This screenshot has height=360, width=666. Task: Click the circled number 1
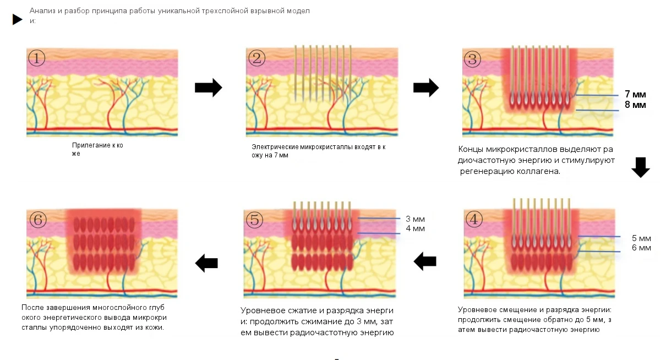coord(36,58)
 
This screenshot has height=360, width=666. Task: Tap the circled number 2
coord(256,58)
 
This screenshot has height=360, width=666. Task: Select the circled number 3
coord(472,59)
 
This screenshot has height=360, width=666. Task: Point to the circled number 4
coord(474,219)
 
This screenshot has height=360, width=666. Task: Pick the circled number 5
coord(254,220)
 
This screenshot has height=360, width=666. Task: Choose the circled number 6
coord(38,220)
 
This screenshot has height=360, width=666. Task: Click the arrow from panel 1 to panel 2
coord(209,88)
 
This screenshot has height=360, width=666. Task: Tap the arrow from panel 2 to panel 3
coord(426,88)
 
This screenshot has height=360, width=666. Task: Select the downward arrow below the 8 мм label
coord(641,167)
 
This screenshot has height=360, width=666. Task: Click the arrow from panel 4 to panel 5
coord(425,261)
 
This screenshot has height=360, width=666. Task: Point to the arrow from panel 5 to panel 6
coord(206,263)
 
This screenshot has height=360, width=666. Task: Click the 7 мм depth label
coord(635,95)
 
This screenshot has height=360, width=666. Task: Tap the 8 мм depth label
coord(635,105)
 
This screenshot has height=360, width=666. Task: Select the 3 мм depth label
coord(416,219)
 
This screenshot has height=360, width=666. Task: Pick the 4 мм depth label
coord(416,228)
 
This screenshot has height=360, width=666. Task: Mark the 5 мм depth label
coord(641,238)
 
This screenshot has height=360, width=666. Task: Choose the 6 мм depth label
coord(641,248)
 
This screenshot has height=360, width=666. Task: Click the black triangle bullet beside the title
coord(17,19)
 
